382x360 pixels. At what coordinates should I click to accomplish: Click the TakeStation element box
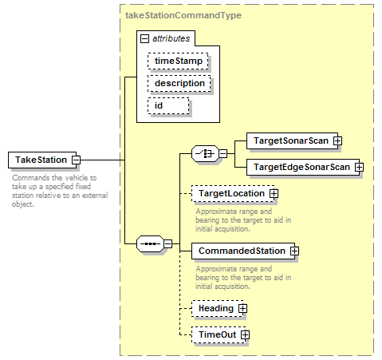(x=42, y=160)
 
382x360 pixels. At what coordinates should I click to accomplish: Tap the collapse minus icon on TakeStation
(x=77, y=160)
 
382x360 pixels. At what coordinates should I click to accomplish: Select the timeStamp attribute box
(x=178, y=61)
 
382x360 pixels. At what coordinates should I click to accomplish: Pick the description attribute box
(x=179, y=84)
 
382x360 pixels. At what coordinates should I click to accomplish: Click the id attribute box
(x=168, y=106)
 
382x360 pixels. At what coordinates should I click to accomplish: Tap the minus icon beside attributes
(x=144, y=39)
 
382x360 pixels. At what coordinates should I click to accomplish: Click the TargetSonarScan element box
(x=292, y=140)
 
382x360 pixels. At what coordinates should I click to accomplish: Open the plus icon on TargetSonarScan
(x=337, y=140)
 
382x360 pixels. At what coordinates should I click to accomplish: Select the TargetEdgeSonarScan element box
(x=303, y=167)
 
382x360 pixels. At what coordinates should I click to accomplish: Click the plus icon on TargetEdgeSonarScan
(x=359, y=167)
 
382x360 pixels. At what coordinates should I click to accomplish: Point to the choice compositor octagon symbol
(x=205, y=153)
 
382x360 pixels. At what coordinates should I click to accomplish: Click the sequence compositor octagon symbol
(x=150, y=243)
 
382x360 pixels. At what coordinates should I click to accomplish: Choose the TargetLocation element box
(x=233, y=193)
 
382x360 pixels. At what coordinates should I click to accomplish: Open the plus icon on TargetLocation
(x=274, y=193)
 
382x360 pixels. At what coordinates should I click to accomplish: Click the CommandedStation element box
(x=243, y=251)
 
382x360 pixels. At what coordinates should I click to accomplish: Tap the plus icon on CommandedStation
(x=294, y=251)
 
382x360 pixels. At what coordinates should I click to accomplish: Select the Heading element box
(x=217, y=308)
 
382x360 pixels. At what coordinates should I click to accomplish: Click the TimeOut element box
(x=219, y=334)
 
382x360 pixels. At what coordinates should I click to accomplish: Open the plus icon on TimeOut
(x=245, y=334)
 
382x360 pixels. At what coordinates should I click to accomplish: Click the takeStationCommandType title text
(x=183, y=15)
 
